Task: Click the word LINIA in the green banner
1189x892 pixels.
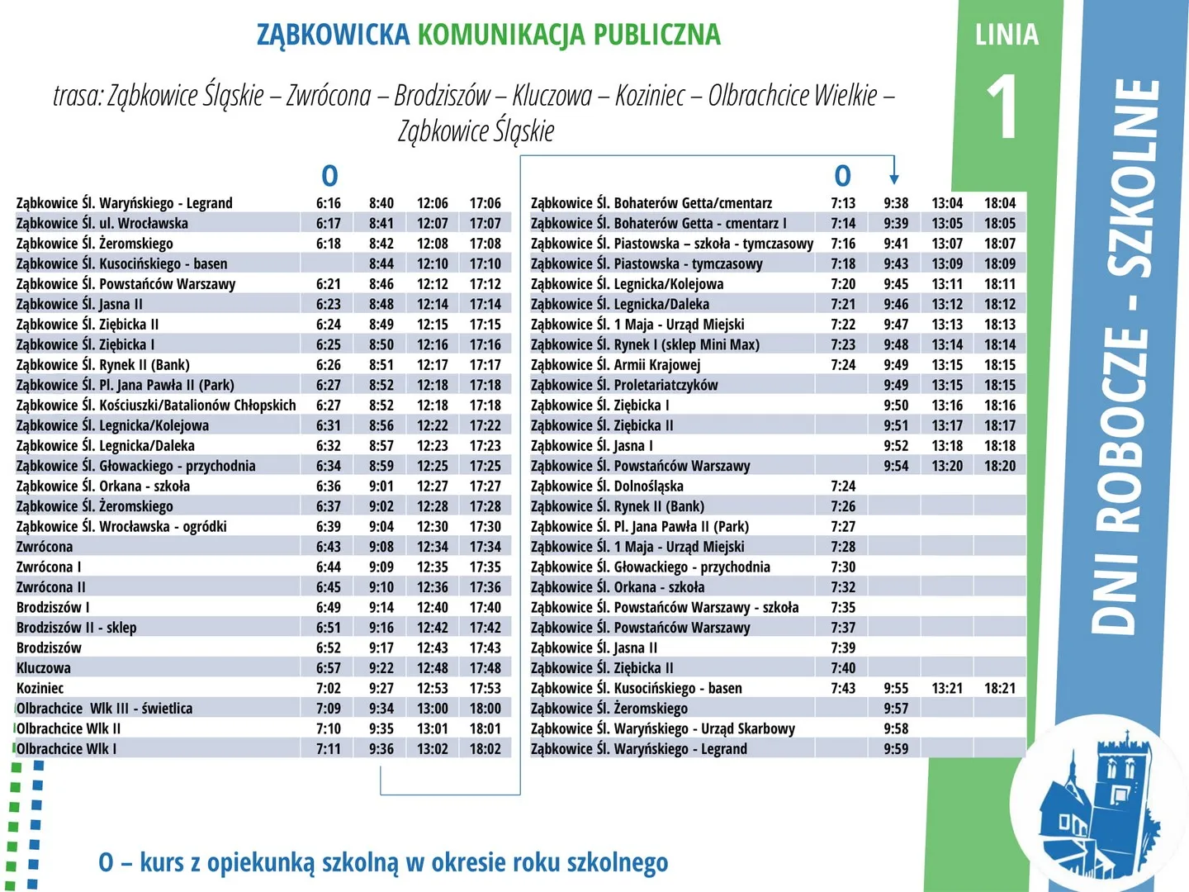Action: pyautogui.click(x=1007, y=35)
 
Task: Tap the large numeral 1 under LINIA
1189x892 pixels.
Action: pyautogui.click(x=1004, y=107)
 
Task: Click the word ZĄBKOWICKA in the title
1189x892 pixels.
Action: pyautogui.click(x=333, y=35)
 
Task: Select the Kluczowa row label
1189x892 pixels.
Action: pyautogui.click(x=44, y=668)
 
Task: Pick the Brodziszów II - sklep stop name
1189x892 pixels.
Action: pyautogui.click(x=77, y=628)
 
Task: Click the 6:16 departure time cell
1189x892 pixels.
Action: pyautogui.click(x=328, y=203)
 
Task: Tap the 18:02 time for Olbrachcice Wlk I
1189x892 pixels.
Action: pyautogui.click(x=485, y=749)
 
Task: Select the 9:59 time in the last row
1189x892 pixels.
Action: pyautogui.click(x=895, y=749)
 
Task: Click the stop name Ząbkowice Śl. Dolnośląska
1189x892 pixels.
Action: pyautogui.click(x=607, y=486)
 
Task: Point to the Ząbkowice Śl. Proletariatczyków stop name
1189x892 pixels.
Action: pyautogui.click(x=624, y=385)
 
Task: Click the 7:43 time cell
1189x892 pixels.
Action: pyautogui.click(x=843, y=688)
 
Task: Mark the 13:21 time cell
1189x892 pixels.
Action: pyautogui.click(x=947, y=688)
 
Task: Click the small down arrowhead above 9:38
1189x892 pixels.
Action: pyautogui.click(x=894, y=178)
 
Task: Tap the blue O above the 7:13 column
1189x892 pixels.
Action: pyautogui.click(x=842, y=176)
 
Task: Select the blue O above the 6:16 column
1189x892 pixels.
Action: pyautogui.click(x=329, y=176)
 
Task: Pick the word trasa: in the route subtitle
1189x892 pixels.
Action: pyautogui.click(x=78, y=96)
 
